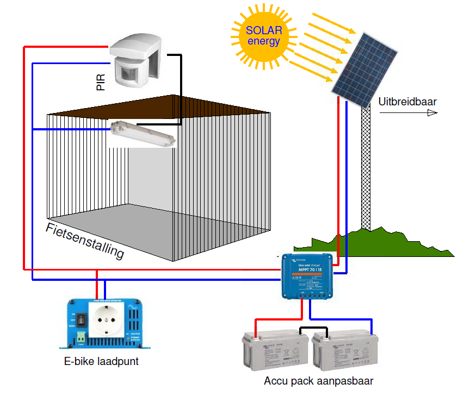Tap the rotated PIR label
(x=100, y=79)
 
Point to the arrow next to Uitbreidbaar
(x=408, y=113)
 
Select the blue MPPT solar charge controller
(x=307, y=276)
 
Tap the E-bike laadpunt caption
(x=101, y=361)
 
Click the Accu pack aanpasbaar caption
(x=318, y=381)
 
